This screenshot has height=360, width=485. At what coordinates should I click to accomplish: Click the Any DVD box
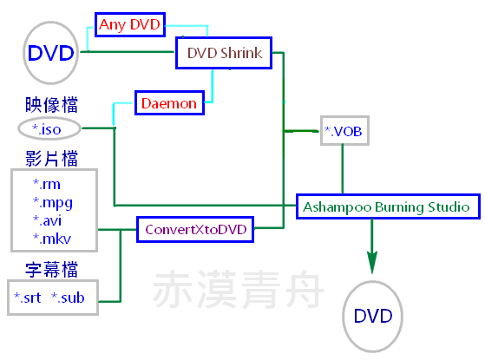[130, 25]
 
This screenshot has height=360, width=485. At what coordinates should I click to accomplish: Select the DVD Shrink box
[224, 53]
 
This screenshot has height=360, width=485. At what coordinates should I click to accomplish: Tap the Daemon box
[169, 103]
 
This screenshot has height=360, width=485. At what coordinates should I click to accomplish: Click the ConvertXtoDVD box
[195, 230]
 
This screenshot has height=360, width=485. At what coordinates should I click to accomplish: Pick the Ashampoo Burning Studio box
[388, 206]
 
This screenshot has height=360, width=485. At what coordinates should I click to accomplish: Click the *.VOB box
[344, 131]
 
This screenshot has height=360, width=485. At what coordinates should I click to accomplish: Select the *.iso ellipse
[49, 128]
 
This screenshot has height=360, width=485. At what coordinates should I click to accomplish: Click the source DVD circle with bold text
[50, 53]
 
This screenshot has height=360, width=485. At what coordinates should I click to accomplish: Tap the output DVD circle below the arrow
[373, 316]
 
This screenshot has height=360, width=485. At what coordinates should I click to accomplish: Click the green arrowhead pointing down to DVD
[372, 262]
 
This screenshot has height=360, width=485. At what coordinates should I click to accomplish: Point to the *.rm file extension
[47, 184]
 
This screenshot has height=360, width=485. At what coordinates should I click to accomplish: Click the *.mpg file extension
[53, 203]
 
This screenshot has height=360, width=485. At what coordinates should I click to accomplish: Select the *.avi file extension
[47, 220]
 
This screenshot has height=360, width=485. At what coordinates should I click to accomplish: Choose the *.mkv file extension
[52, 239]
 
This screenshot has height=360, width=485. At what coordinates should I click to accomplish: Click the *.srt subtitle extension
[27, 298]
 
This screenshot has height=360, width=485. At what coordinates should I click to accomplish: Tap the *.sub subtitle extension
[68, 298]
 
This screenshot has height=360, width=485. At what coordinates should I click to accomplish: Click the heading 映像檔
[51, 105]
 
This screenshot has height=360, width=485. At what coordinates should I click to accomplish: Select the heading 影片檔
[51, 159]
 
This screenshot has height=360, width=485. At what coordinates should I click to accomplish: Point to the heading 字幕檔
[51, 270]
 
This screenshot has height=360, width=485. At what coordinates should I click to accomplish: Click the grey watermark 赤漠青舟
[239, 289]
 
